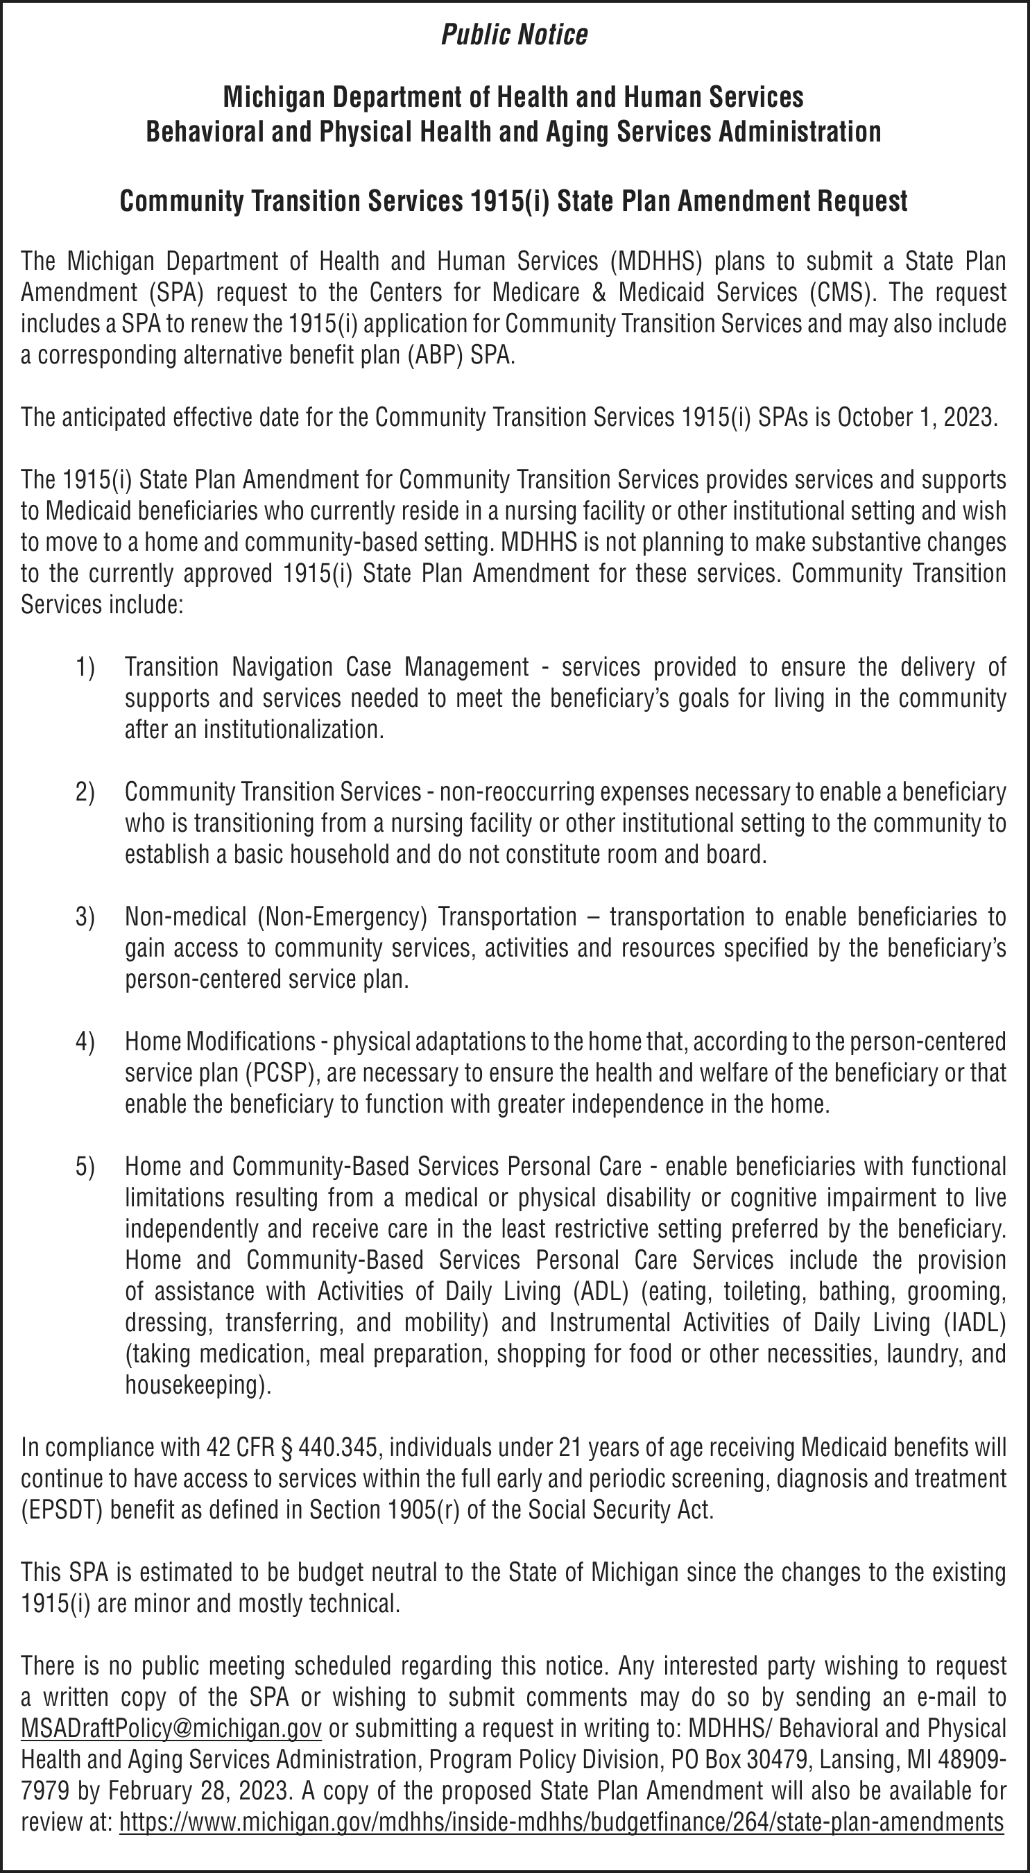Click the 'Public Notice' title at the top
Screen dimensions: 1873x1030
(514, 35)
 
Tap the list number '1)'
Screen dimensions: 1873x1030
(85, 666)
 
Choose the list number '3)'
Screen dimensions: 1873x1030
(85, 916)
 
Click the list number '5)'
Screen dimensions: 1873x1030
(85, 1166)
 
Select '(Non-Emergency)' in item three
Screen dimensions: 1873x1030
(341, 916)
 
